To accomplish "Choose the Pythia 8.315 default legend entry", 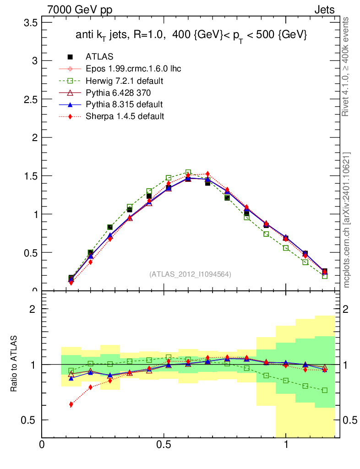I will point(124,104).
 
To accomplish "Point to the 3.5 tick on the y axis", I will point(31,22).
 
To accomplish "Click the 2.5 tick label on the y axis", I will point(31,99).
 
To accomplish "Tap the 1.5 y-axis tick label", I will point(31,176).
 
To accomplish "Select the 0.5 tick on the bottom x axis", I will point(164,445).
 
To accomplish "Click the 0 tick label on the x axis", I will point(42,445).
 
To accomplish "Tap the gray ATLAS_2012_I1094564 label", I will point(190,274).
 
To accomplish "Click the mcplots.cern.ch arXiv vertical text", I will point(347,220).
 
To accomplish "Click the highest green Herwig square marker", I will point(188,173).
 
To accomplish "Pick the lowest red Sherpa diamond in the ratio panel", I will point(71,404).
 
